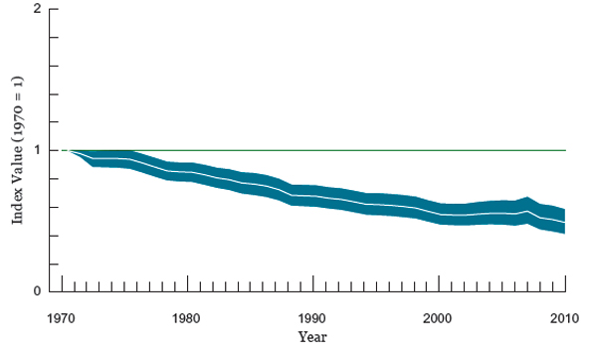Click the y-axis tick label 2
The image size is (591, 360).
click(37, 9)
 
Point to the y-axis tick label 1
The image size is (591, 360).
click(37, 150)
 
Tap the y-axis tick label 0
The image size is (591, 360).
click(37, 291)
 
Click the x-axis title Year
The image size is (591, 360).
click(312, 337)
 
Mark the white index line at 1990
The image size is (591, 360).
click(312, 196)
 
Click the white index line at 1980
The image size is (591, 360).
click(186, 173)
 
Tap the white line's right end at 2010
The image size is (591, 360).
click(565, 222)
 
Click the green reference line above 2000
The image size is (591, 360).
click(439, 150)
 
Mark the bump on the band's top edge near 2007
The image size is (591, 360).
click(527, 198)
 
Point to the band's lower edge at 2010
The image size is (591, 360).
click(565, 233)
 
